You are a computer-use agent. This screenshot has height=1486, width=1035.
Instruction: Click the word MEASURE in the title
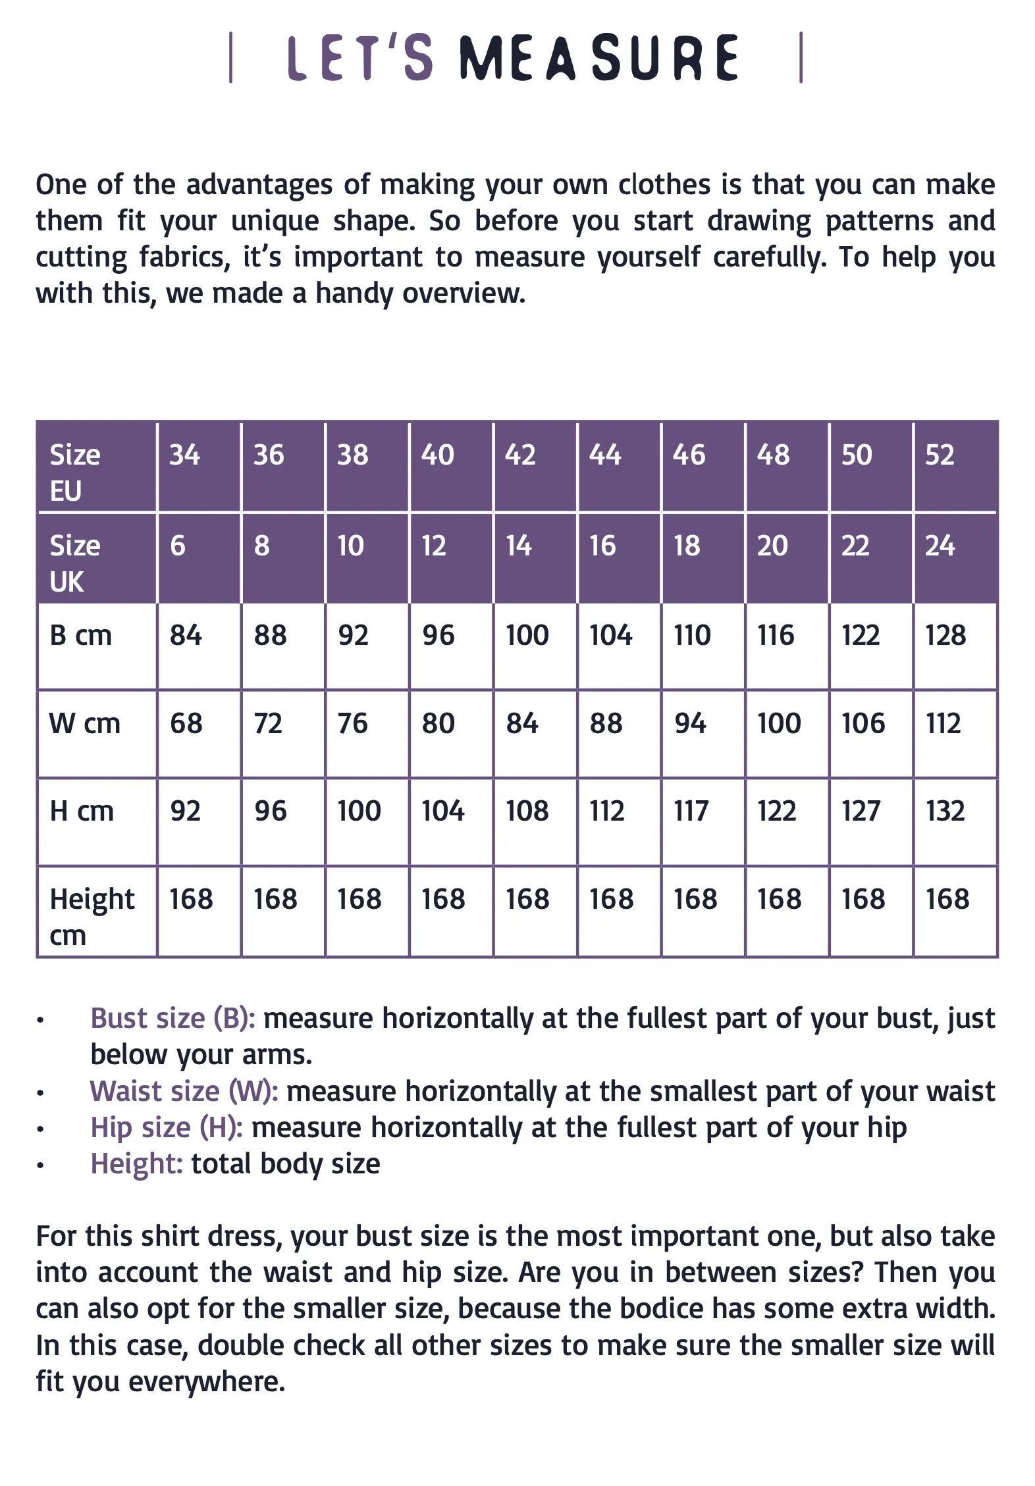[x=599, y=58]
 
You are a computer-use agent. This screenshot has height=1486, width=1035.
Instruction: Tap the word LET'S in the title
[x=360, y=58]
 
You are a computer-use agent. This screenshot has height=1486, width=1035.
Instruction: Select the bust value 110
[x=692, y=636]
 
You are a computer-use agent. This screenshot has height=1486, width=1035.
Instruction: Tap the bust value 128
[x=945, y=636]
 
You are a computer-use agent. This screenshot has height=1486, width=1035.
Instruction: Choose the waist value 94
[x=690, y=724]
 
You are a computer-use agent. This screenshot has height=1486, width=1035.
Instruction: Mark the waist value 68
[x=186, y=724]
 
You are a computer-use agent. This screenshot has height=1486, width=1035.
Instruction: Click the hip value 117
[x=691, y=811]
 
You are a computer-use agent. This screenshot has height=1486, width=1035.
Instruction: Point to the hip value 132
[x=945, y=811]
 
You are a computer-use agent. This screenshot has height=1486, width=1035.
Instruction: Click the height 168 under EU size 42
[x=527, y=900]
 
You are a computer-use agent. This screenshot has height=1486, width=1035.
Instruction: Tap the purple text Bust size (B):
[x=172, y=1018]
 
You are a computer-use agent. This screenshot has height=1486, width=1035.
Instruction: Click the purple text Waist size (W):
[x=184, y=1091]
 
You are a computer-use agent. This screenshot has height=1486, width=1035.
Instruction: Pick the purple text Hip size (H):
[x=167, y=1127]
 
